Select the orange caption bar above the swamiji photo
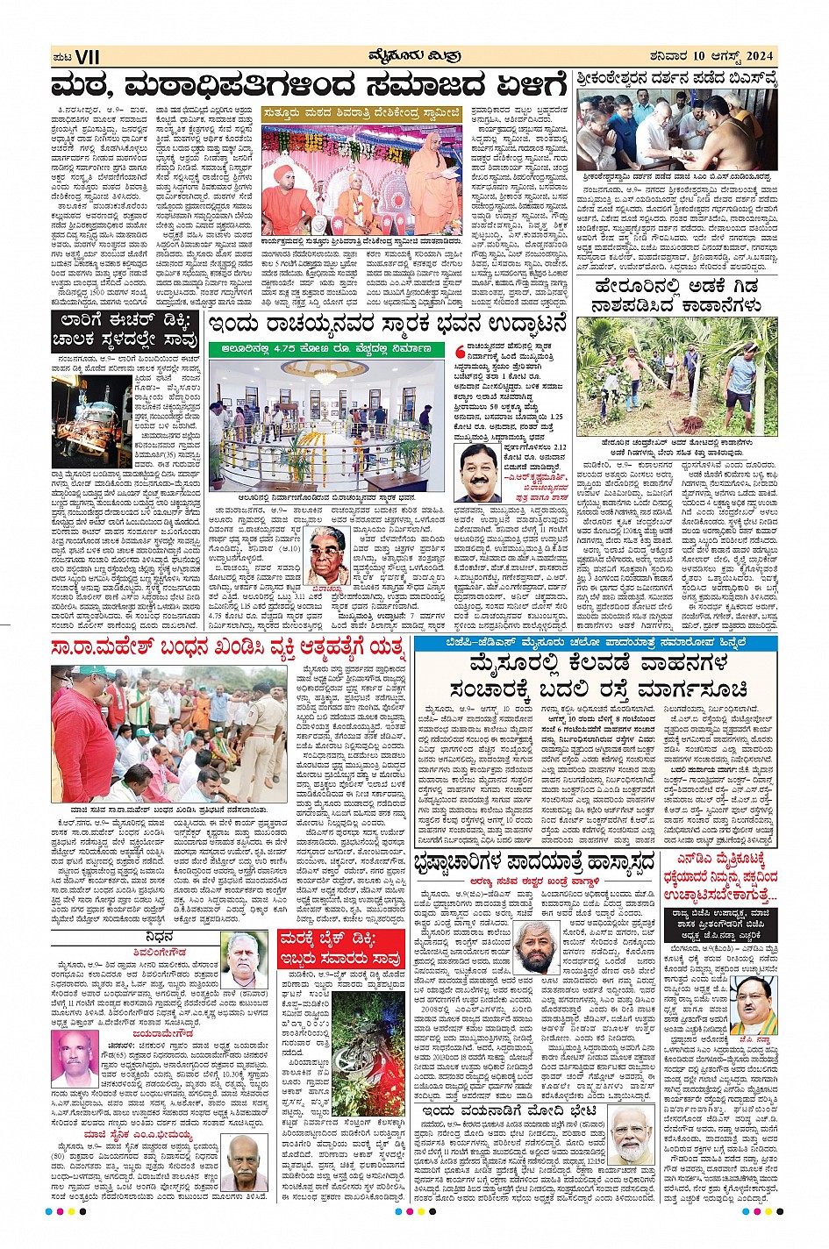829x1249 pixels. point(361,112)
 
